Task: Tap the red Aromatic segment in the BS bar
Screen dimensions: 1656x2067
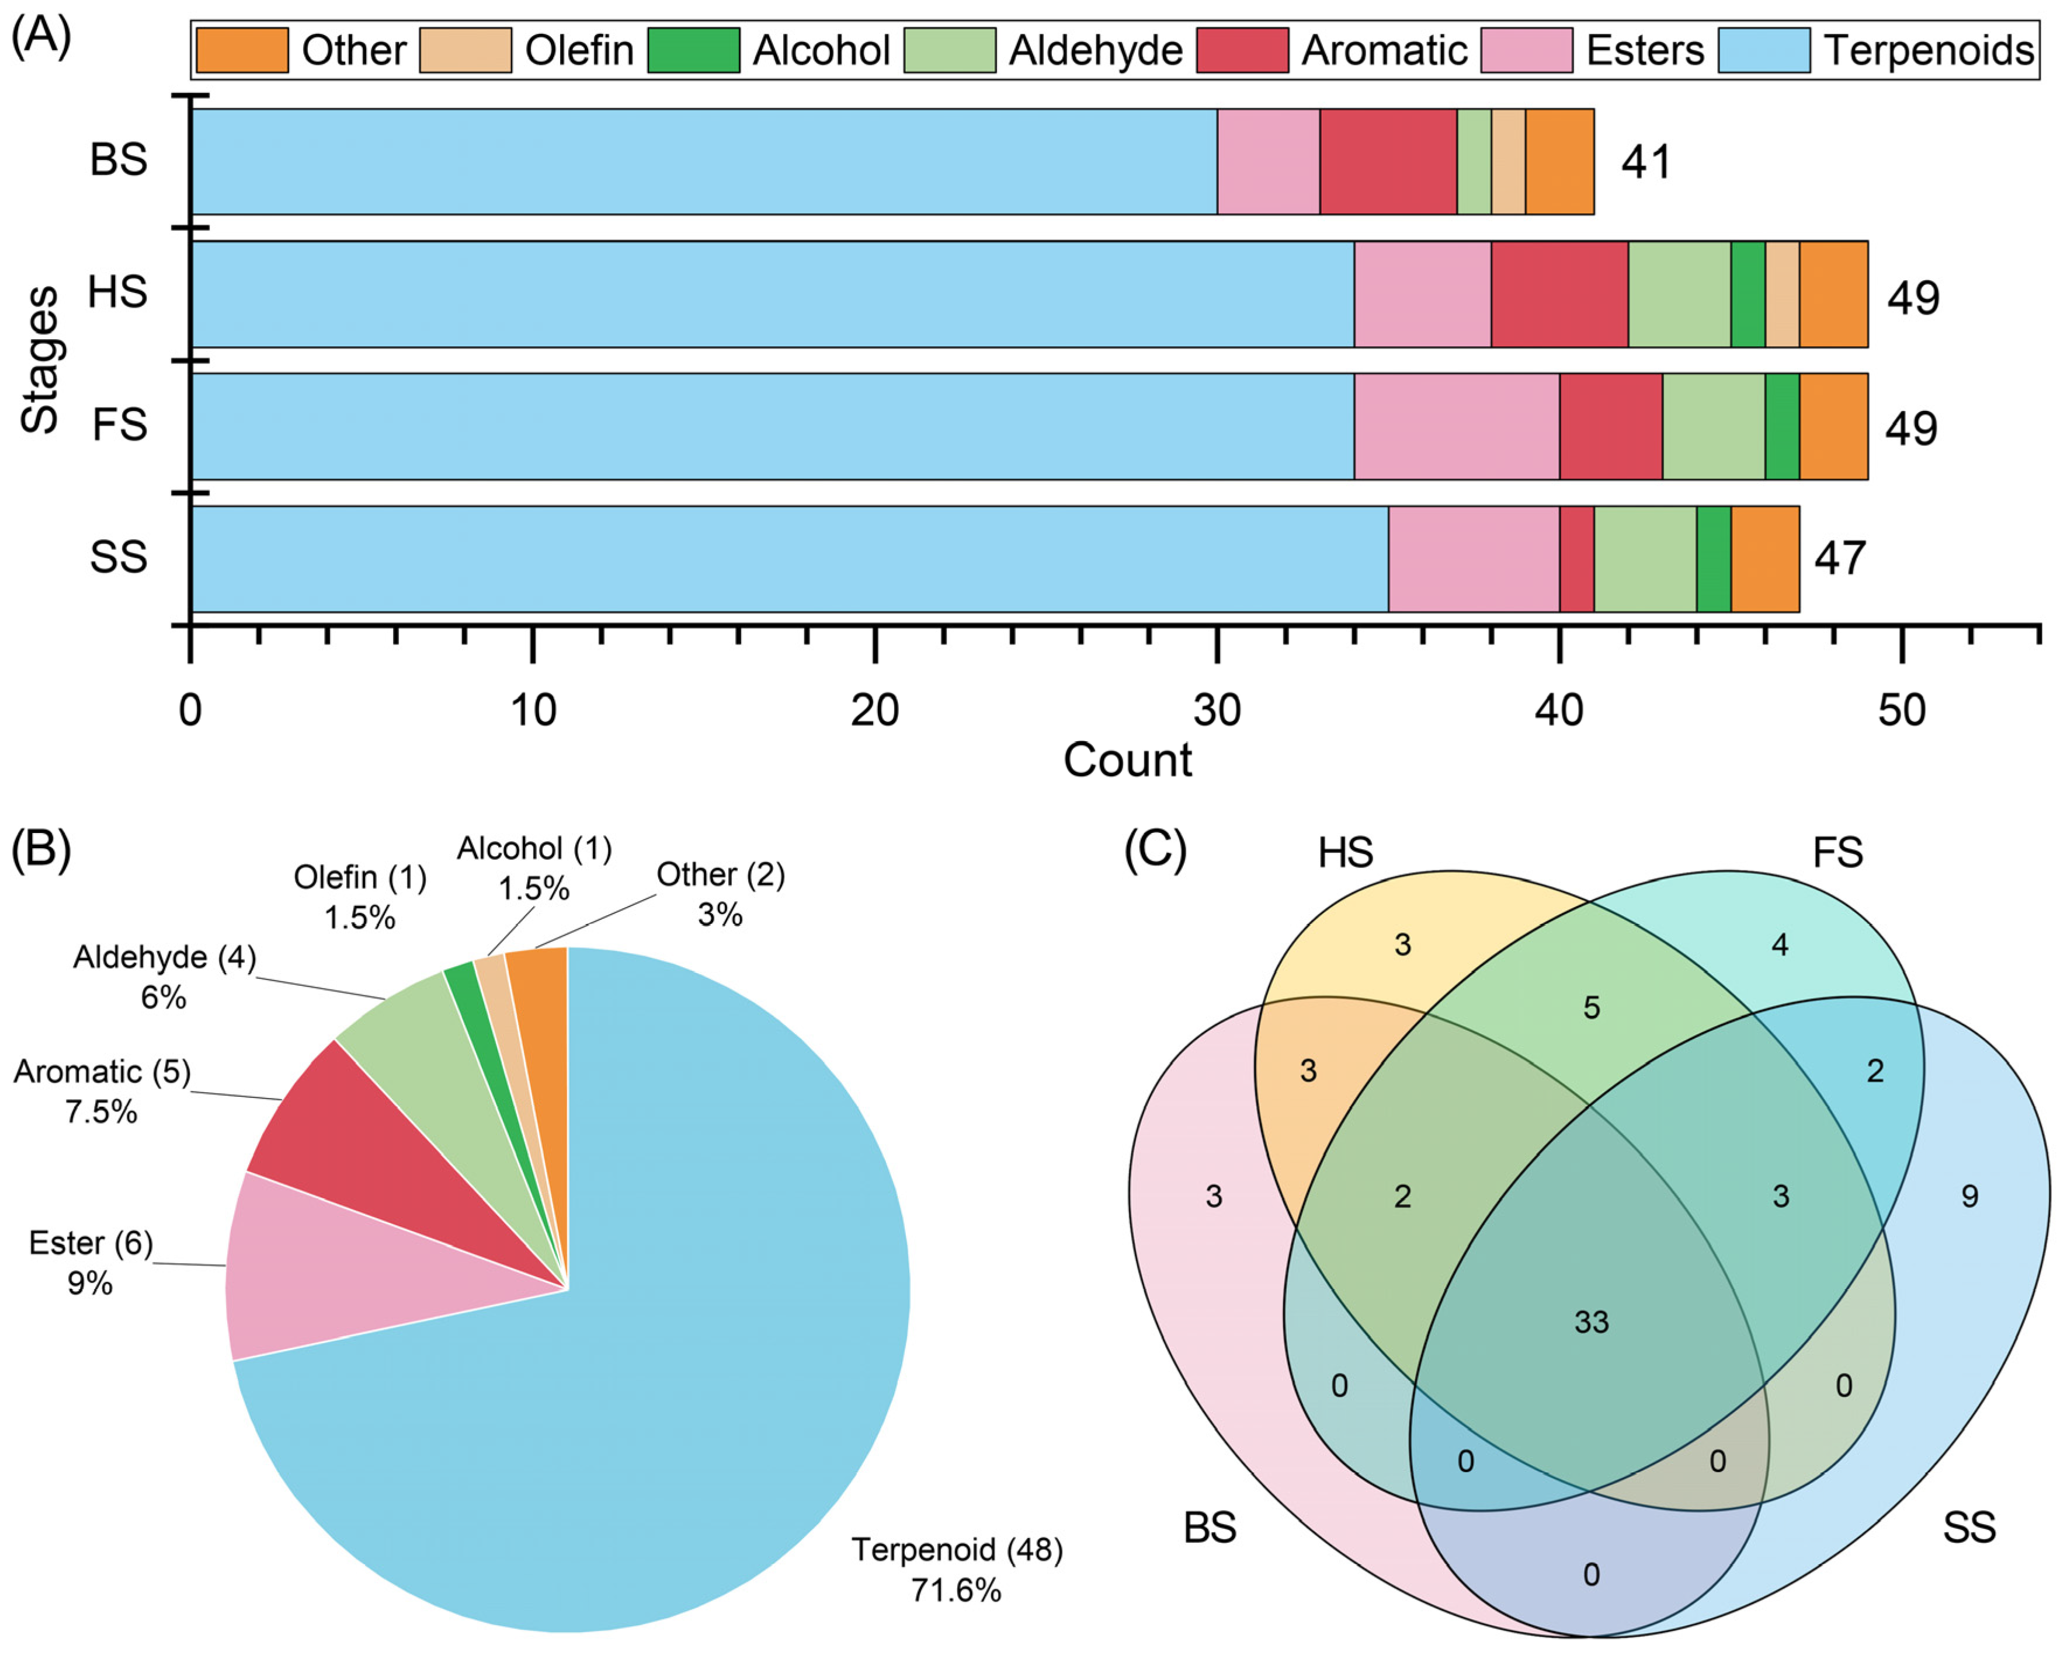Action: [1388, 161]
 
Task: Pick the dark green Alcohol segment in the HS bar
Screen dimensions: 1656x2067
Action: [1748, 294]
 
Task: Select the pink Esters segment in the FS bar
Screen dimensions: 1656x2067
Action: [1456, 427]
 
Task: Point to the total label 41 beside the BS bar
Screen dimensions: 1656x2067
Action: [1646, 162]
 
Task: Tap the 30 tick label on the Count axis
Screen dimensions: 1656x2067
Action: [1217, 711]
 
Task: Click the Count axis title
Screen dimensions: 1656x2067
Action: [1127, 760]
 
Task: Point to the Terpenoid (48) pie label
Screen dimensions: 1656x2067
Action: [957, 1550]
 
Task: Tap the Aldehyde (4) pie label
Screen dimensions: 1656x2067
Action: [165, 957]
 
